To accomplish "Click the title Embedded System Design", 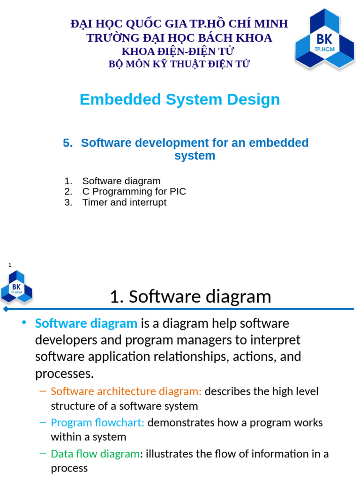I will pos(180,99).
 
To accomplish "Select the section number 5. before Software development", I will pos(68,143).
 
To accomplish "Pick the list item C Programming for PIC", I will pos(134,192).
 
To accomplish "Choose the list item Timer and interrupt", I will pos(124,202).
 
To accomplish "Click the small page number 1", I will pos(10,265).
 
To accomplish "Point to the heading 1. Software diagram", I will pos(190,297).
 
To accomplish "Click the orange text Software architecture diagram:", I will pos(126,391).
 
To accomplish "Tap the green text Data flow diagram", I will pos(95,454).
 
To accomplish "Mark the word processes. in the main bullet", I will pos(65,374).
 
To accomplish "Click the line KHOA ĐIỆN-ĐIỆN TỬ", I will pos(178,51).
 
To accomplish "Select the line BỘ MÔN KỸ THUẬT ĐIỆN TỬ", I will pos(179,64).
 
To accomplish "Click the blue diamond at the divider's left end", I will pos(6,309).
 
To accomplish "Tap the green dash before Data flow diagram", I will pos(43,453).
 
